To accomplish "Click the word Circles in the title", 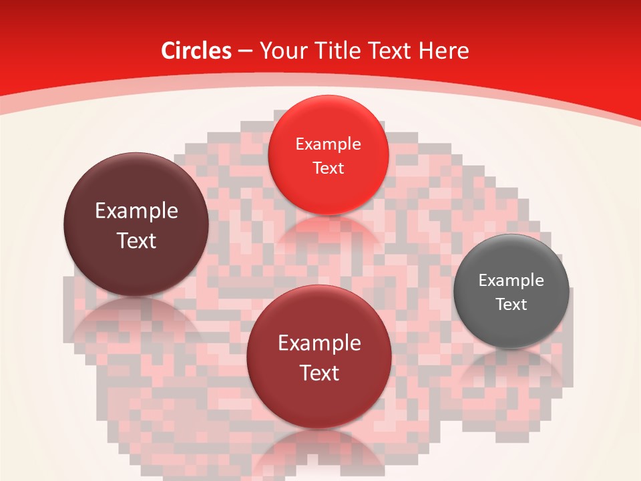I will click(196, 51).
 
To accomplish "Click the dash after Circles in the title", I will click(245, 51).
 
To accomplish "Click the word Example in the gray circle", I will click(511, 281).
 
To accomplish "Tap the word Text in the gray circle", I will click(511, 305).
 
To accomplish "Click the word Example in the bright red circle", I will click(328, 144).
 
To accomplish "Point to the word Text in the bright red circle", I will click(328, 168).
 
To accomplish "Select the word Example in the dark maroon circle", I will click(136, 211).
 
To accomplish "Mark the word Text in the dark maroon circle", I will click(136, 240).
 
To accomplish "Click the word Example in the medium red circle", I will click(319, 343).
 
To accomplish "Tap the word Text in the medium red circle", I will click(319, 373).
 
